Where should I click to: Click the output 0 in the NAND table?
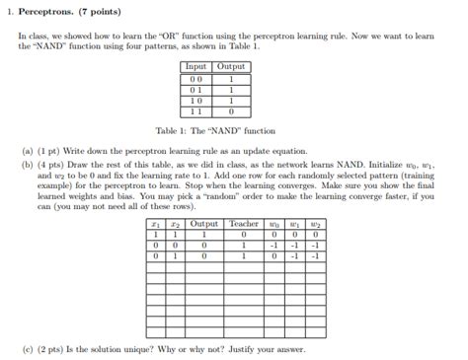click(230, 111)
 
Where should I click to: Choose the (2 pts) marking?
click(52, 349)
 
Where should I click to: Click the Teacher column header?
click(244, 225)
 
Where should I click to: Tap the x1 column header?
click(156, 225)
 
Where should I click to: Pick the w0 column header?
click(274, 225)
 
